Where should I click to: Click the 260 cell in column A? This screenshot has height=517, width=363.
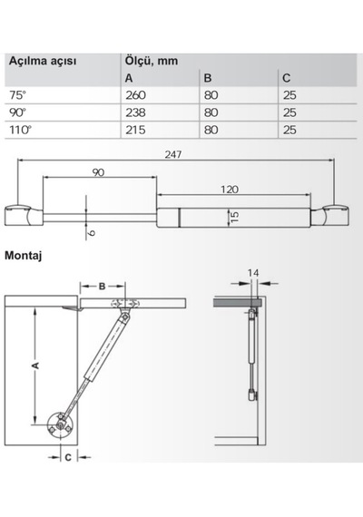tap(135, 95)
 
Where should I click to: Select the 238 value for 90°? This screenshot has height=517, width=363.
tap(135, 112)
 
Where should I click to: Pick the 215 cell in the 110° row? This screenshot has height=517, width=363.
tap(135, 130)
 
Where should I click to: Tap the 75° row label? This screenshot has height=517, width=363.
tap(17, 95)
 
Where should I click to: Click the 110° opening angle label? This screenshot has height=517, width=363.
tap(20, 130)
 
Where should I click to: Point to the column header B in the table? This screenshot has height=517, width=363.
tap(208, 78)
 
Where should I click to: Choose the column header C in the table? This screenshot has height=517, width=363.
tap(287, 78)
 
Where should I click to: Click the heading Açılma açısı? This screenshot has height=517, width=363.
tap(43, 62)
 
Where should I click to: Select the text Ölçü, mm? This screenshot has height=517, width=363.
tap(152, 61)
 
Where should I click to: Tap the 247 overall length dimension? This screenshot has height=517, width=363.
tap(173, 154)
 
